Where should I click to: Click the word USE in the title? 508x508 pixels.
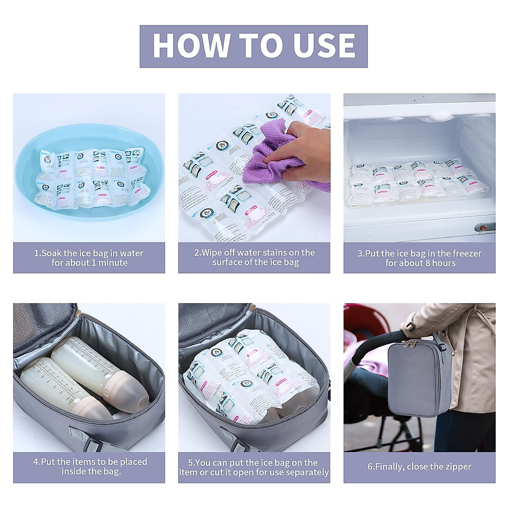[324, 46]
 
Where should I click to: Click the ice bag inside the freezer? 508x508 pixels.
[417, 182]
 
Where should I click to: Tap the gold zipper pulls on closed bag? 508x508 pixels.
[410, 344]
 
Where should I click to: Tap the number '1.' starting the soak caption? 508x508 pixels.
[37, 254]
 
